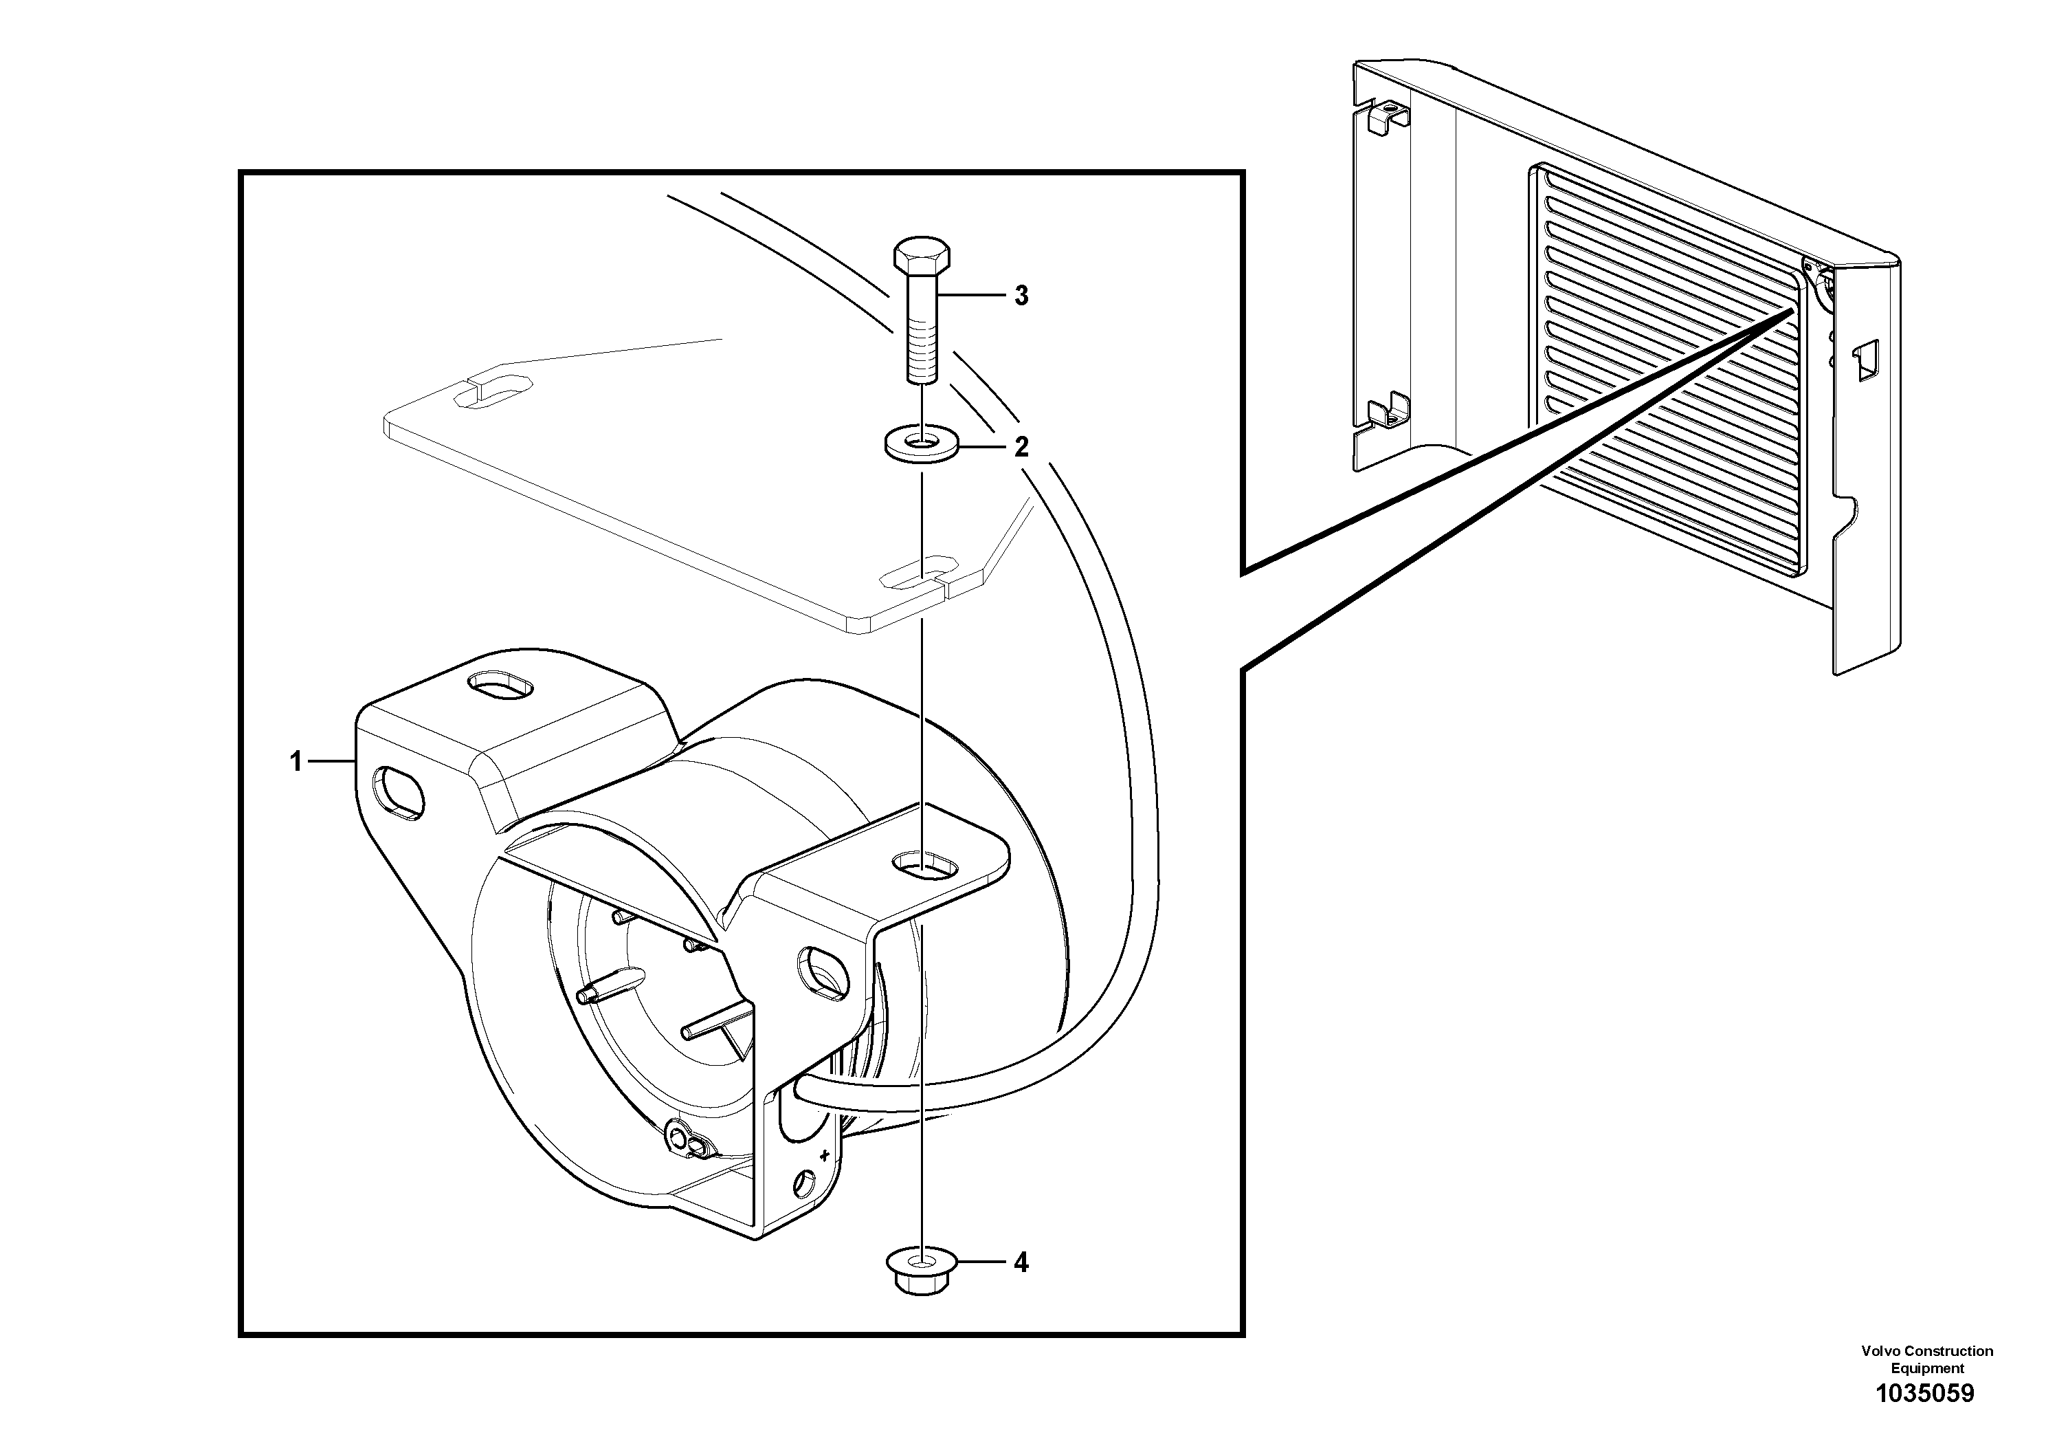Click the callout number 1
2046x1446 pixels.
tap(296, 761)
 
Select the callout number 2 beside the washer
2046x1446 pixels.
tap(1021, 446)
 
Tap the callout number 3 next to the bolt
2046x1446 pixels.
tap(1021, 296)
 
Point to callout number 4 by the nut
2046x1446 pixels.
tap(1021, 1262)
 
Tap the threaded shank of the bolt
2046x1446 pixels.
tap(922, 339)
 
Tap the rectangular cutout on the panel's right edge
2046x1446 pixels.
tap(1867, 360)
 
